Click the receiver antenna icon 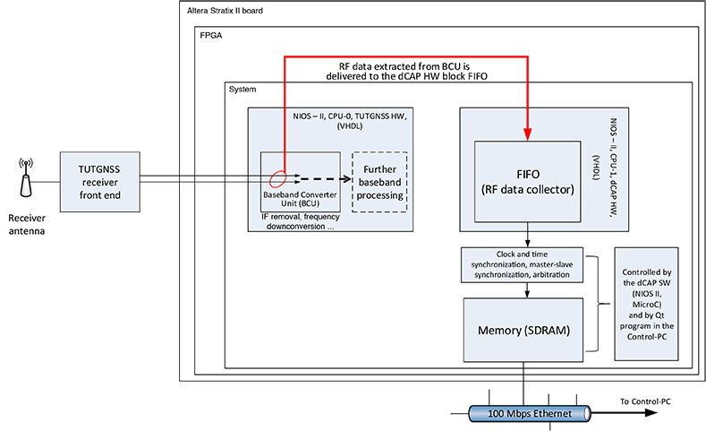(x=26, y=178)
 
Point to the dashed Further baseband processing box (x=379, y=182)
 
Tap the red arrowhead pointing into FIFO (x=529, y=134)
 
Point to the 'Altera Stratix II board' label (x=226, y=12)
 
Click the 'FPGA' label (x=210, y=39)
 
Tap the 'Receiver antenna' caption (x=27, y=224)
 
